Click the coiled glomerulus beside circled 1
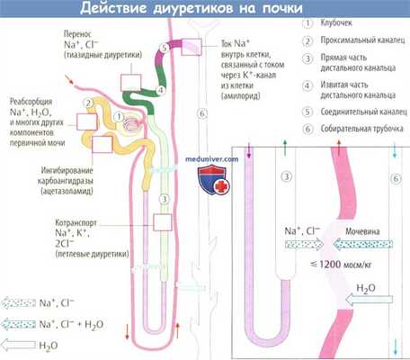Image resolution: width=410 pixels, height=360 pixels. [x=129, y=121]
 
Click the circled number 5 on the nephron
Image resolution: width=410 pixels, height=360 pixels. [x=163, y=48]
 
